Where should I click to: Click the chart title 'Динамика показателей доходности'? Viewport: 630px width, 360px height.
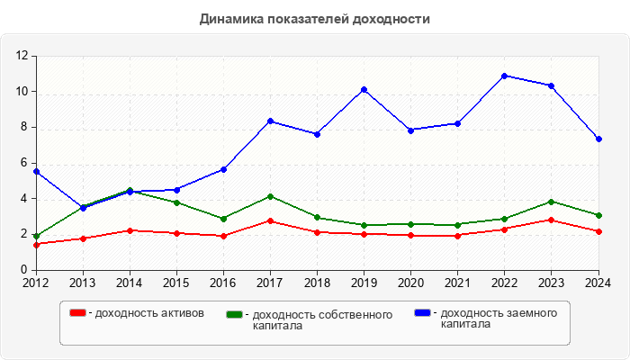[314, 19]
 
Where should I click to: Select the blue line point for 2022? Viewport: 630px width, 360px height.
[504, 76]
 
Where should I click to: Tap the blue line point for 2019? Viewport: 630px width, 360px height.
[364, 90]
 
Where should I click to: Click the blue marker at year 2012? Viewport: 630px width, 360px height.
[36, 171]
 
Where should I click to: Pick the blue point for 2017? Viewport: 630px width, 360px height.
[270, 121]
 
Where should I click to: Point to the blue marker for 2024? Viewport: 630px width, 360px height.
[598, 139]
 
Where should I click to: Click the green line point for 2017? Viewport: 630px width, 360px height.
[270, 196]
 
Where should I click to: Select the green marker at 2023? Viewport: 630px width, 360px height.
[551, 202]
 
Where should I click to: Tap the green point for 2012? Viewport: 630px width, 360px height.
[36, 237]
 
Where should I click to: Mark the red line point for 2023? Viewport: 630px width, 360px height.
[551, 220]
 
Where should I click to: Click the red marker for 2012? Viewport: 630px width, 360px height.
[36, 244]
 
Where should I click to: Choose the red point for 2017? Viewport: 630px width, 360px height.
[270, 220]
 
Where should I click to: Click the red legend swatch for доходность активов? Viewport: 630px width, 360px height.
[78, 313]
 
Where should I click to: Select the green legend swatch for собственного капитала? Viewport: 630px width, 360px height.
[235, 315]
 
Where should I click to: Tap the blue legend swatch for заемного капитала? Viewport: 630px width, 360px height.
[422, 313]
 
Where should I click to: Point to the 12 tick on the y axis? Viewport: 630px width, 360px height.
[23, 56]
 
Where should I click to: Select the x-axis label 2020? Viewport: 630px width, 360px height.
[410, 283]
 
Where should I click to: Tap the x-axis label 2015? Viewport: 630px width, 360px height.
[176, 283]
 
